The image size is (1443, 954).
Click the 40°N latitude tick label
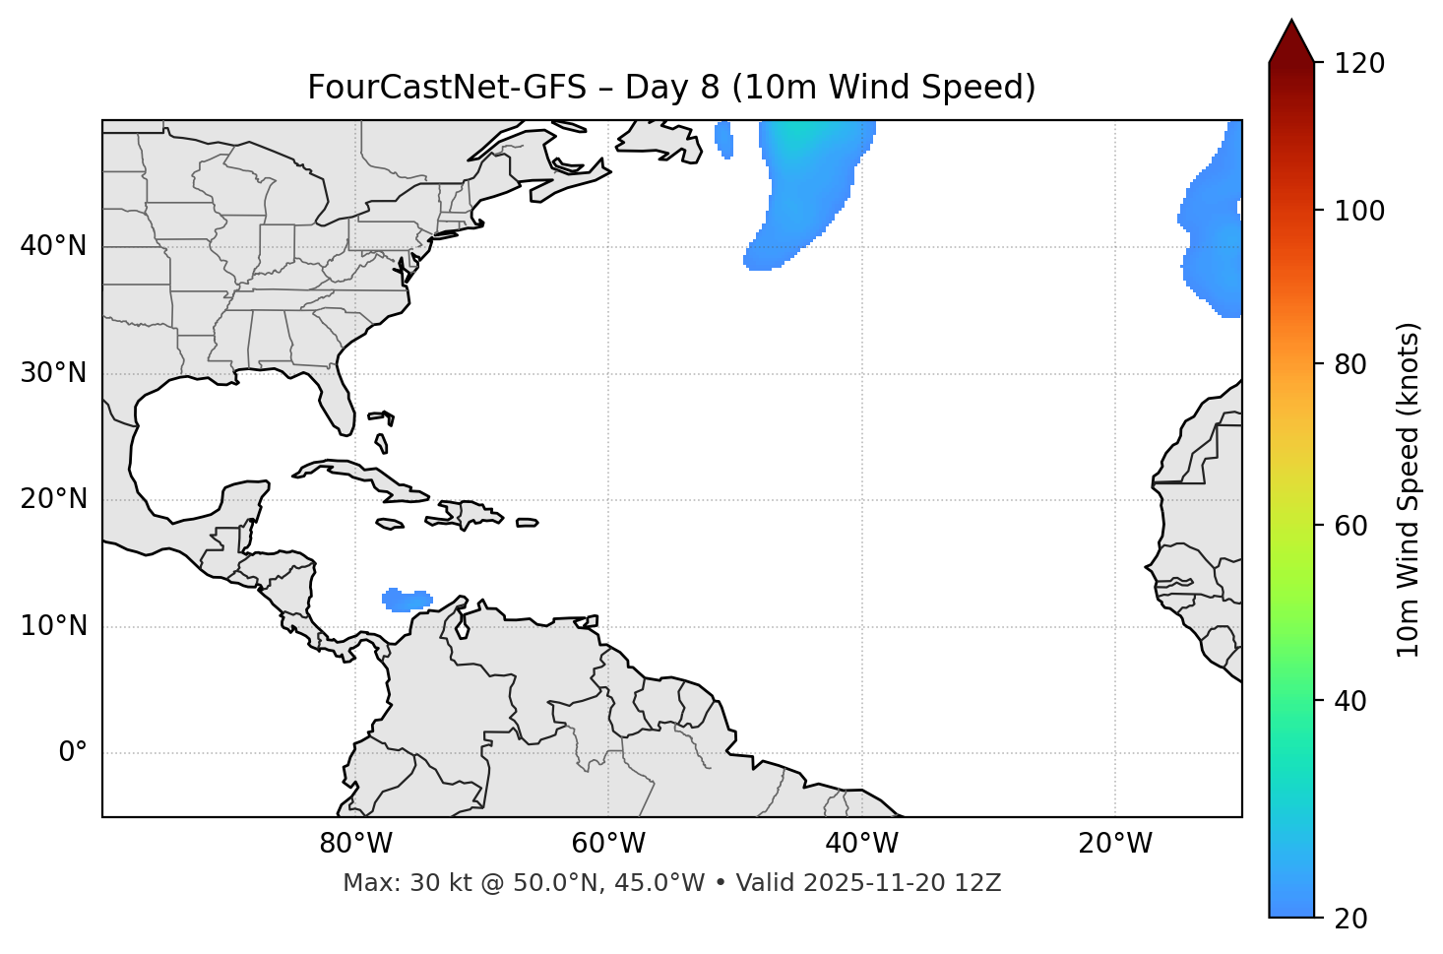pyautogui.click(x=53, y=246)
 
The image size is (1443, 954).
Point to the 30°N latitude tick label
pyautogui.click(x=53, y=373)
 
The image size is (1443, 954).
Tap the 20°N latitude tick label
pyautogui.click(x=53, y=499)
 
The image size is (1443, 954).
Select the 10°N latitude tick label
pyautogui.click(x=53, y=626)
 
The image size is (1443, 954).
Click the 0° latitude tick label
pyautogui.click(x=73, y=753)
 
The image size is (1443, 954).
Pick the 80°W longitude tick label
pyautogui.click(x=355, y=844)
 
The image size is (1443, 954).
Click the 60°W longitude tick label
pyautogui.click(x=608, y=844)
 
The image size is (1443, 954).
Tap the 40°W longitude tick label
pyautogui.click(x=862, y=844)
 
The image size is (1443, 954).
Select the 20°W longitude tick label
pyautogui.click(x=1115, y=844)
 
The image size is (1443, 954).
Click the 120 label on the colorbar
pyautogui.click(x=1359, y=64)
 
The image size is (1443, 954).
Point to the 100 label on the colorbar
pyautogui.click(x=1359, y=211)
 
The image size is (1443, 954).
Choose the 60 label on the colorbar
pyautogui.click(x=1352, y=526)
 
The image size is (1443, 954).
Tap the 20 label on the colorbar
pyautogui.click(x=1352, y=918)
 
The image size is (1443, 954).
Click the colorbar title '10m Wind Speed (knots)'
pyautogui.click(x=1409, y=489)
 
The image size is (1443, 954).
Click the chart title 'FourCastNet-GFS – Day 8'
pyautogui.click(x=671, y=88)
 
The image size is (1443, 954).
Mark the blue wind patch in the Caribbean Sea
pyautogui.click(x=406, y=600)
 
